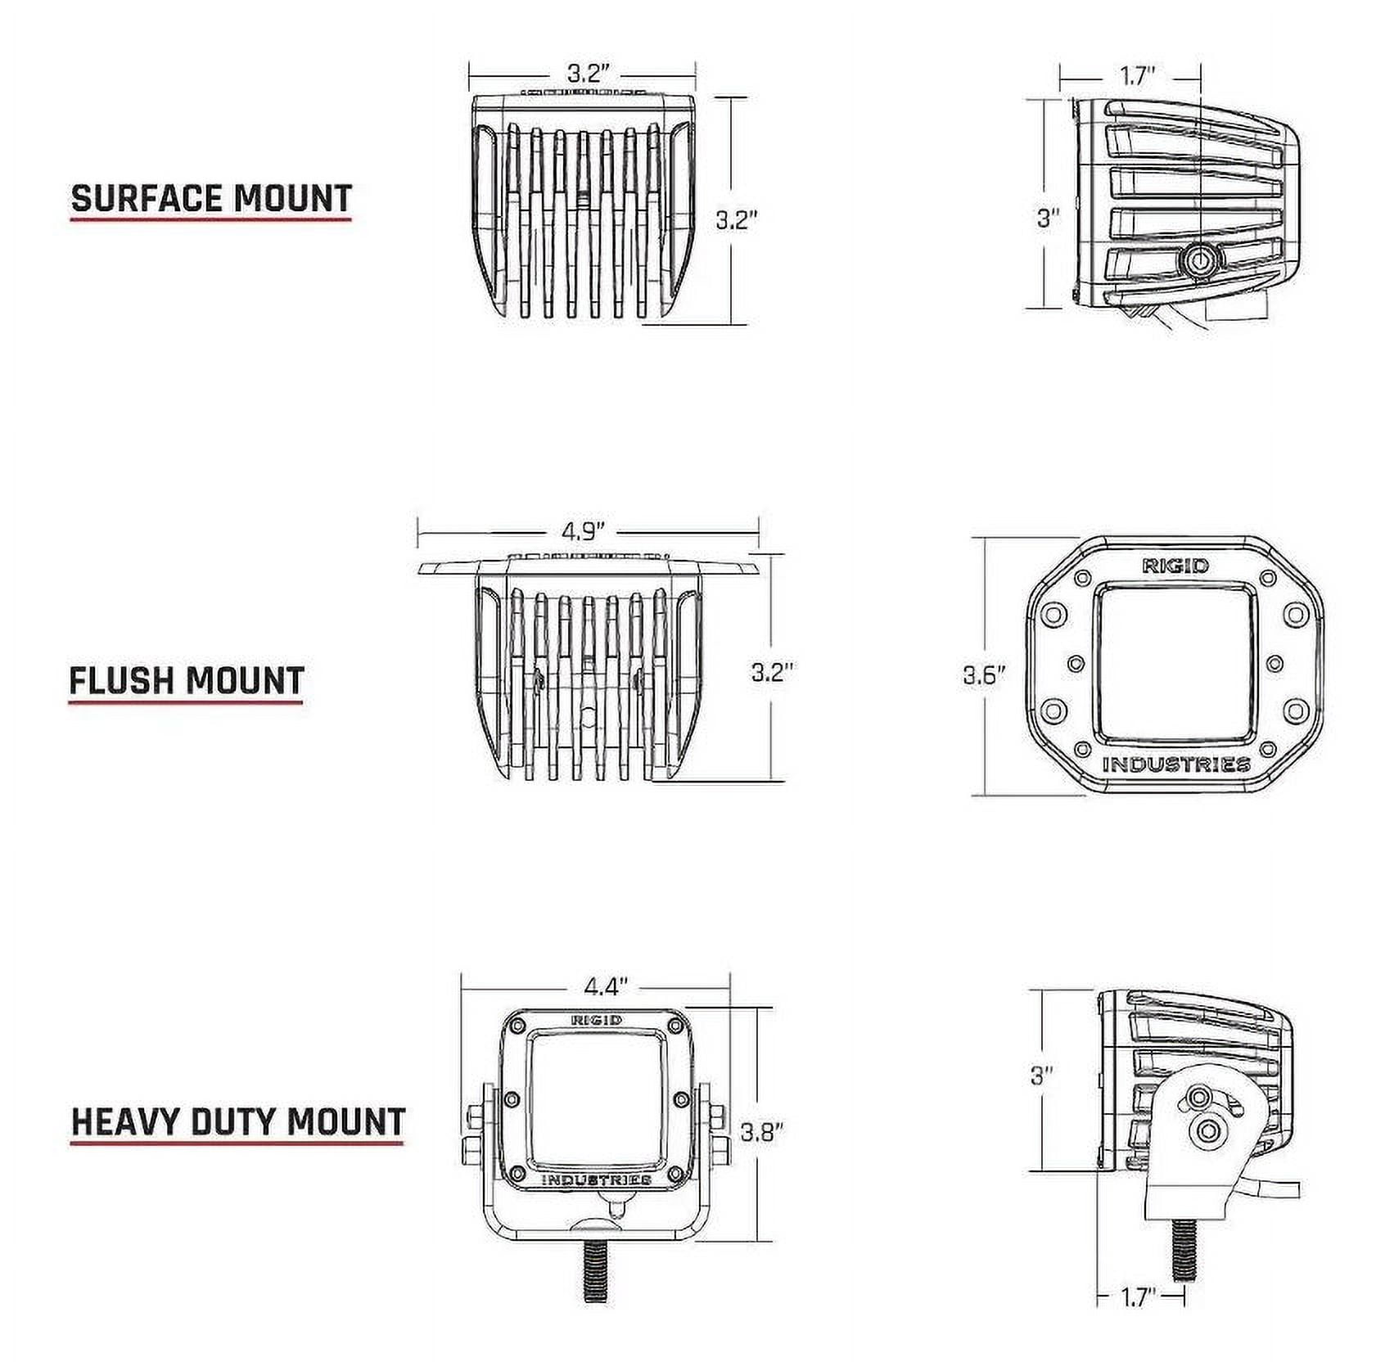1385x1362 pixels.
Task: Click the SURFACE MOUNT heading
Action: click(x=211, y=199)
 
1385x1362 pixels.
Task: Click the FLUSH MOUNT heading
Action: click(x=187, y=681)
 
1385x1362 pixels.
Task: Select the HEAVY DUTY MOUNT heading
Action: click(x=238, y=1121)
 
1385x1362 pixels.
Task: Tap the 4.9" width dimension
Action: click(x=582, y=531)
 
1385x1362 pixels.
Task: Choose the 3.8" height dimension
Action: click(x=762, y=1133)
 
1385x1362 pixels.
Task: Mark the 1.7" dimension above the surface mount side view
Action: click(x=1137, y=77)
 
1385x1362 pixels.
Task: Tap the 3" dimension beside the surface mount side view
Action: click(x=1048, y=219)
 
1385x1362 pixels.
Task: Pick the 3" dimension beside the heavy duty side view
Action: click(x=1040, y=1075)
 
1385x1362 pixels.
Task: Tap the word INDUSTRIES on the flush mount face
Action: click(x=1176, y=764)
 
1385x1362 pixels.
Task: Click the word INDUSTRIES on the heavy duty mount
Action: click(x=597, y=1179)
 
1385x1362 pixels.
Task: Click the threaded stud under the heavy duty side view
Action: click(x=1182, y=1245)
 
